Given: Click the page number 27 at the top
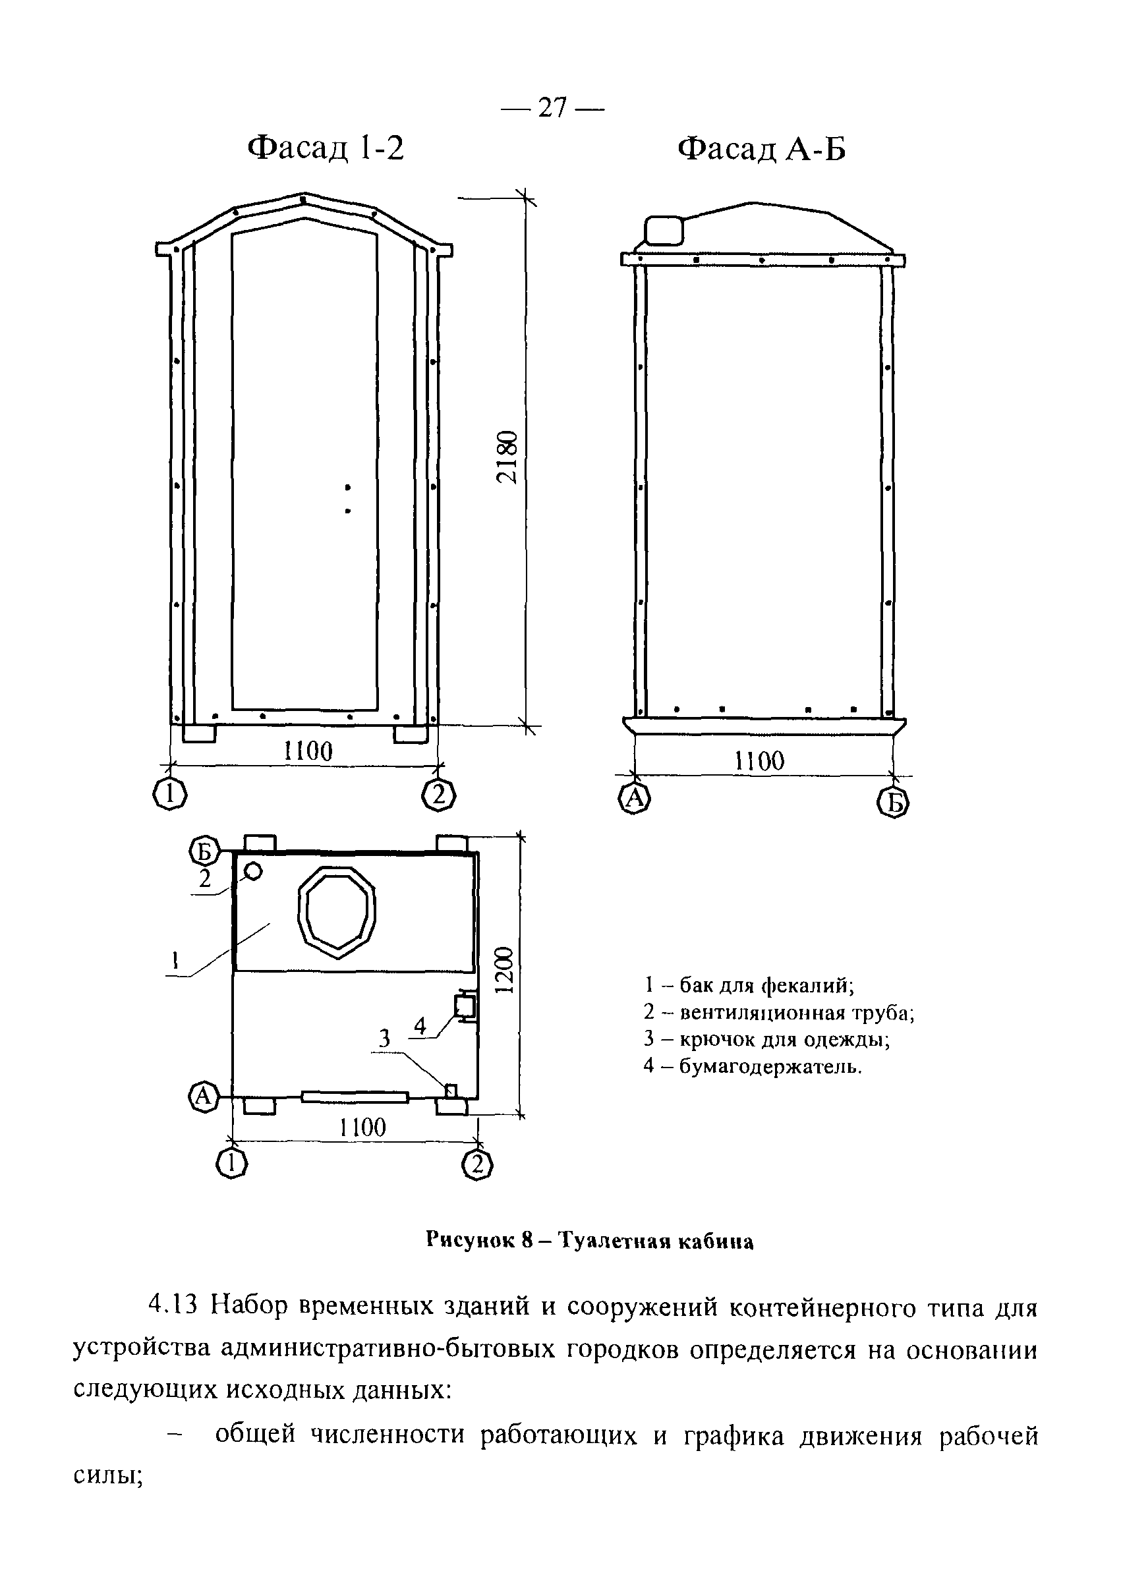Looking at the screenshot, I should click(552, 108).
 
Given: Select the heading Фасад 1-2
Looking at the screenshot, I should click(326, 148).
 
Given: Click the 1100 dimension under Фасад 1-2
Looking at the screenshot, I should click(308, 751).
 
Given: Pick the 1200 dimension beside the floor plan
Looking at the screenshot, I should click(505, 970).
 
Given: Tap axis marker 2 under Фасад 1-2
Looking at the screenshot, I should click(438, 795).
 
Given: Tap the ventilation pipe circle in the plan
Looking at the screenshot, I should click(253, 871).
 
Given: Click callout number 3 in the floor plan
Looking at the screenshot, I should click(384, 1039).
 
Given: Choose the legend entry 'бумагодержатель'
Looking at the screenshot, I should click(752, 1066).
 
